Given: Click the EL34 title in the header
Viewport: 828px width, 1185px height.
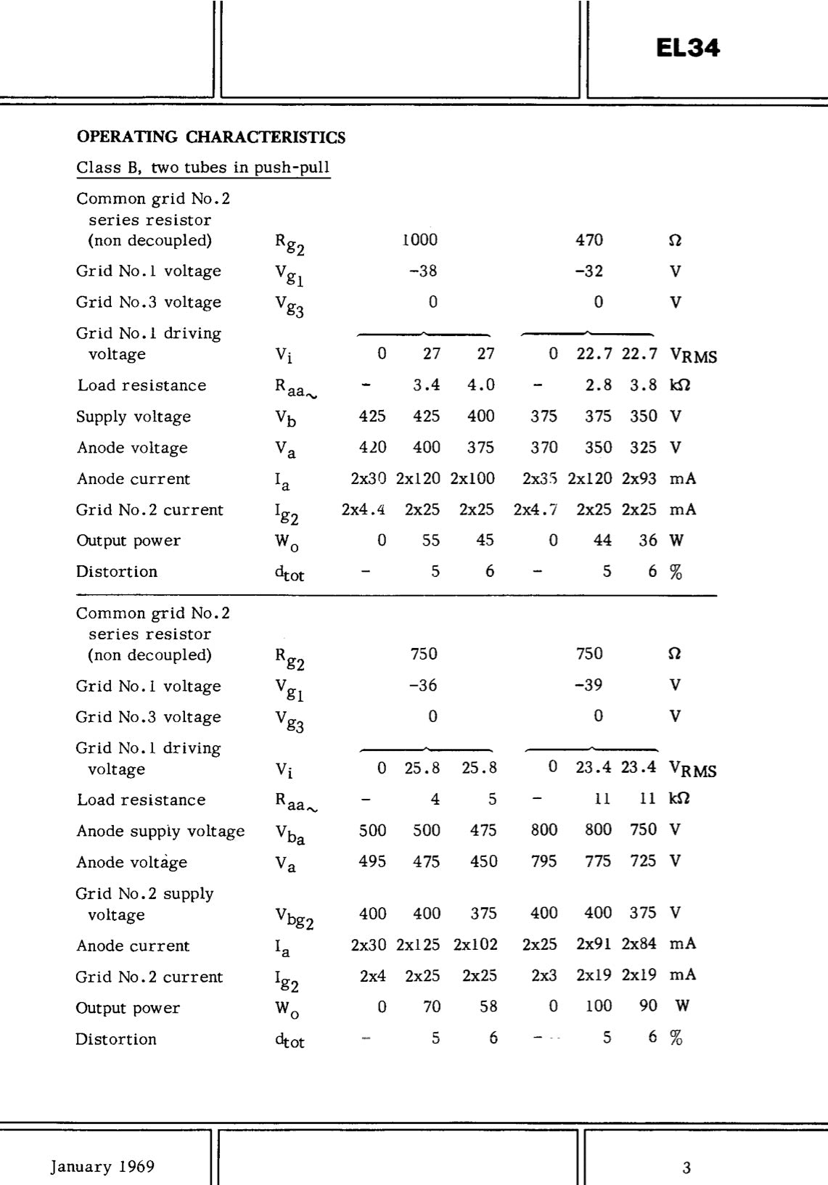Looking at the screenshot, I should coord(687,48).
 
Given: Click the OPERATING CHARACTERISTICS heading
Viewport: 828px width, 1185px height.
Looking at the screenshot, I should coord(211,137).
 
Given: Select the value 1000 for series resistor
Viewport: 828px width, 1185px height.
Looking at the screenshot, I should coord(420,239).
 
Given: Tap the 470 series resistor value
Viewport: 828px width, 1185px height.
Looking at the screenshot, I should coord(589,239).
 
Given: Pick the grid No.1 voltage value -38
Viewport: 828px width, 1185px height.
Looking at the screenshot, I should coord(423,271).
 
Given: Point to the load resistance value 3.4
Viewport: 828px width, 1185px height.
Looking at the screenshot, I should coord(427,385).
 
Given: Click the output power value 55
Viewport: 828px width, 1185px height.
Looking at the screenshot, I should coord(431,540).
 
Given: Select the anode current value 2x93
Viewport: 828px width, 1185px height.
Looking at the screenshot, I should coord(639,478).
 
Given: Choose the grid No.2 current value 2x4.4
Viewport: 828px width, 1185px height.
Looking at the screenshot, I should coord(363,509).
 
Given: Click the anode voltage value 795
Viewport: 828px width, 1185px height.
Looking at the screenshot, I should coord(544,861).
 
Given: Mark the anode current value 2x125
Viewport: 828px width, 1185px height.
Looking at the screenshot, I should coord(418,944).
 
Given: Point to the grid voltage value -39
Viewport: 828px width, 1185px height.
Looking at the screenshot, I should coord(589,685).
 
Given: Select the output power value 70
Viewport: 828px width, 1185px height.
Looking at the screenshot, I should coord(432,1006).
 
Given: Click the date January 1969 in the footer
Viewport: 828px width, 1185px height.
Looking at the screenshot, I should coord(102,1166).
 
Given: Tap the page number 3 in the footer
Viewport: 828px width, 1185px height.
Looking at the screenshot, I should coord(686,1168).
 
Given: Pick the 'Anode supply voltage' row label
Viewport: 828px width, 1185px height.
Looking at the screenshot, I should coord(160,831).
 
